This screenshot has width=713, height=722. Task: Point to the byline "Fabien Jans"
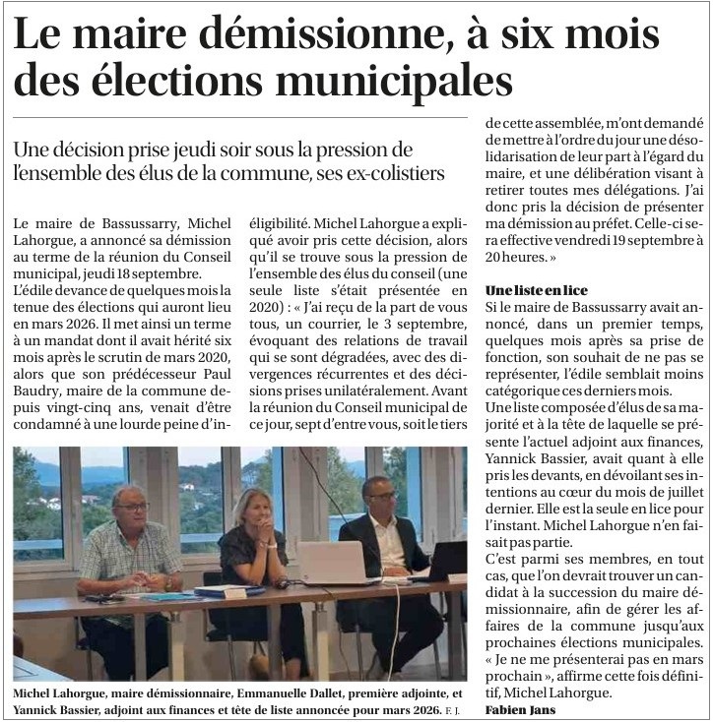(x=521, y=709)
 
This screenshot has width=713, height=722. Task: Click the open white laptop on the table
(x=332, y=563)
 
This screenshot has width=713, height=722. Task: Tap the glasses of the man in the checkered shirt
(x=130, y=508)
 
